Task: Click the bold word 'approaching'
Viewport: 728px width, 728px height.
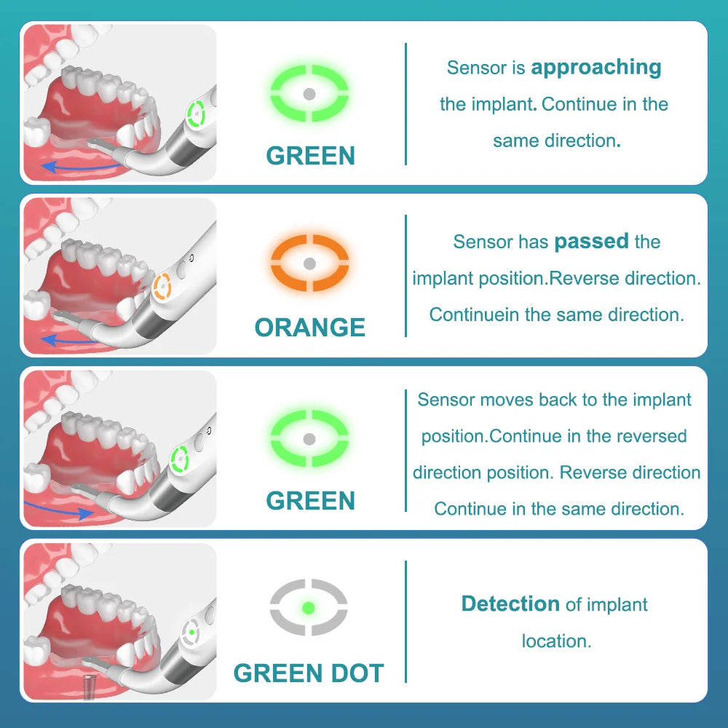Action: click(x=596, y=68)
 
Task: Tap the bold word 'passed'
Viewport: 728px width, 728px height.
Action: click(x=591, y=242)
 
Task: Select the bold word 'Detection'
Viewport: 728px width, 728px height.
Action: click(x=511, y=604)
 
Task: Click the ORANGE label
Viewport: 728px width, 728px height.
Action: click(x=309, y=327)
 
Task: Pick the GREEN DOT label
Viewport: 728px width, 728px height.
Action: click(x=309, y=673)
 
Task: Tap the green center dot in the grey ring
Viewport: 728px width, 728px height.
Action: click(x=308, y=608)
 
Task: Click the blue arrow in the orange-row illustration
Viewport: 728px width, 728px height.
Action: click(x=70, y=340)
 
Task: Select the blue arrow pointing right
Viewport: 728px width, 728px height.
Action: click(x=58, y=510)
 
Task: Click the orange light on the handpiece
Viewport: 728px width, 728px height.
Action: click(x=162, y=286)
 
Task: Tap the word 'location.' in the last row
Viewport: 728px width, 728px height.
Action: click(x=557, y=641)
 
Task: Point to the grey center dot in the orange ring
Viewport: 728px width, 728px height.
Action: click(x=309, y=264)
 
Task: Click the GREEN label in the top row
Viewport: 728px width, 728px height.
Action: click(x=311, y=155)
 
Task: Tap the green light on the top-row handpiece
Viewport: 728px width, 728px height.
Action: click(x=196, y=114)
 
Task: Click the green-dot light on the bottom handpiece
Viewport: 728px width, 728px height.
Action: click(x=191, y=632)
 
